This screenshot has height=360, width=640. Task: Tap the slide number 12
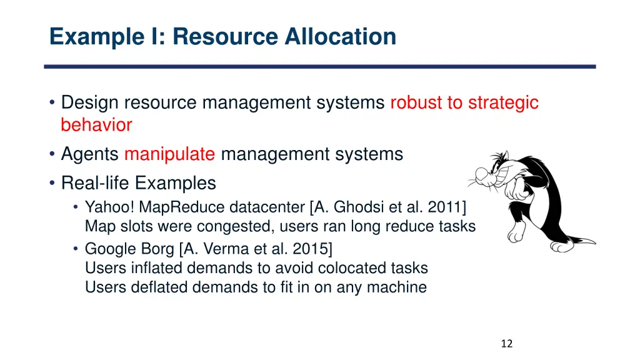(507, 343)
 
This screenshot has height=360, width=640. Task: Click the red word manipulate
(169, 154)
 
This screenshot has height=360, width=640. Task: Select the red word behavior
(96, 125)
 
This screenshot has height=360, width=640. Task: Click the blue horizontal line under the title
(320, 66)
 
